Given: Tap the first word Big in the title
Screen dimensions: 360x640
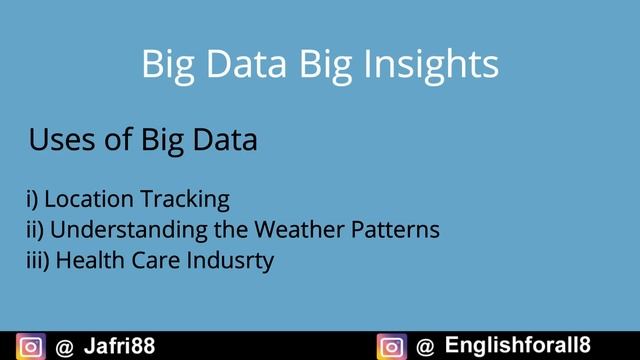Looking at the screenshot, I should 166,64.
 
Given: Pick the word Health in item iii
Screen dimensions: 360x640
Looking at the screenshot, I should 86,260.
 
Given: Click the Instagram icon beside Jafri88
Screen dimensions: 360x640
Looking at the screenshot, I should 32,347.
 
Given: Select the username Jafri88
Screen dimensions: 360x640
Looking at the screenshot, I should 118,347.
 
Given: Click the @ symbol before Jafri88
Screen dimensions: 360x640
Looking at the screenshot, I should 63,347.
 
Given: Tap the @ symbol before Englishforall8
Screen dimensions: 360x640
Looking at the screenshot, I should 425,347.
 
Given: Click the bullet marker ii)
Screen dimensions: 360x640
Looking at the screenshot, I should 35,229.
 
